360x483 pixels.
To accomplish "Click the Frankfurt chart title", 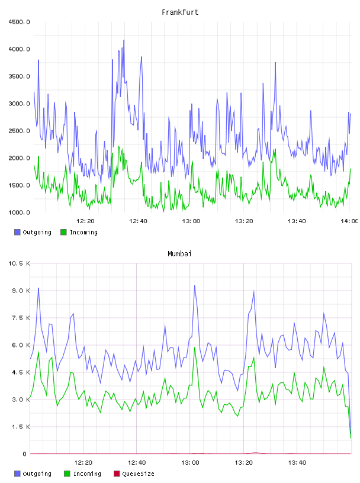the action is pos(180,12).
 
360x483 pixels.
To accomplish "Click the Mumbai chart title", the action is pos(179,254).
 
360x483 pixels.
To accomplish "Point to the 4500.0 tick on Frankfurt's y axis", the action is pos(19,22).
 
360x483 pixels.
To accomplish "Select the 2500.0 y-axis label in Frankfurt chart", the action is pos(19,131).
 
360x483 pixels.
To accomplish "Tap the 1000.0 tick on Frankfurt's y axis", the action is pos(19,212).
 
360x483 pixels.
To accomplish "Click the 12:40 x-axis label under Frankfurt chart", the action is pos(138,221).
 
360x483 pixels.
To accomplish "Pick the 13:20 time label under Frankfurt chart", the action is pos(244,221).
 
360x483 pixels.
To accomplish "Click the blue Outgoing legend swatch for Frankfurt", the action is pos(17,232).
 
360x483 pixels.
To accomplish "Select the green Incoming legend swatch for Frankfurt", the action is pos(63,232).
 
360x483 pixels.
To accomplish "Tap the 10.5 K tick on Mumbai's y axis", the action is pos(19,263).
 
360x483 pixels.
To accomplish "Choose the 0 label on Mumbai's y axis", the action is pos(25,454).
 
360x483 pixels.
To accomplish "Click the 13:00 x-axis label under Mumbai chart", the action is pos(190,463).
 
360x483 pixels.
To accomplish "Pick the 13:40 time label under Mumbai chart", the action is pos(297,463).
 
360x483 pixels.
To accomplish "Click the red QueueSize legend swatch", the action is pos(117,474).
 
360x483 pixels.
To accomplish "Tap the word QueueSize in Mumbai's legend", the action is pos(138,474).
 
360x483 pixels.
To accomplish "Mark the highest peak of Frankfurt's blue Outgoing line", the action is pos(124,40).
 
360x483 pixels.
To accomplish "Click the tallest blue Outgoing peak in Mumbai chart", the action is pos(194,286).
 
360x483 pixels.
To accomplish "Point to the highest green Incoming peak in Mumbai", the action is pos(194,347).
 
